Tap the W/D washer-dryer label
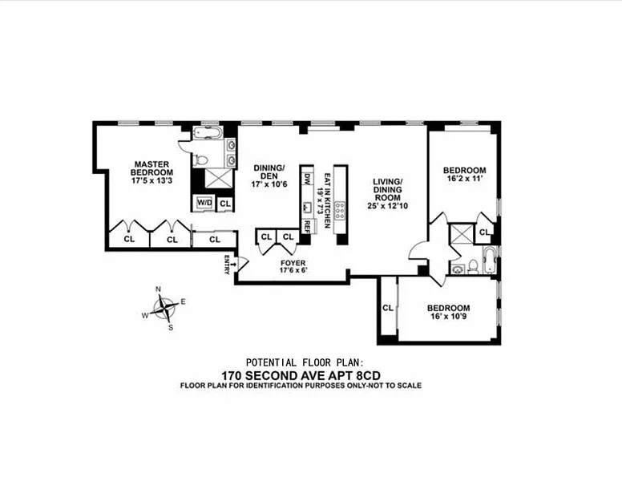204,203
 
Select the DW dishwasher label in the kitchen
306,180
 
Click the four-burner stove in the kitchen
340,211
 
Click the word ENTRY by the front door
227,263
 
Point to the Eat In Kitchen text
324,193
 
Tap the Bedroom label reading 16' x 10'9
448,313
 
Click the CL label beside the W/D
224,204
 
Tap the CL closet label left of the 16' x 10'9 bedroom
387,307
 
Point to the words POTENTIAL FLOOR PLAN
308,362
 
